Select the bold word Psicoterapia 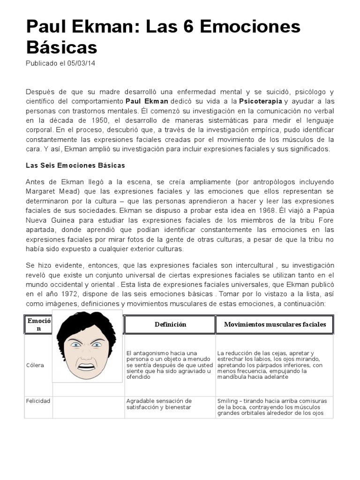[x=261, y=101]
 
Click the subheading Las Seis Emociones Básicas [x=75, y=165]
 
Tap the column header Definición [x=170, y=324]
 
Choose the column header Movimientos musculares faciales [x=275, y=324]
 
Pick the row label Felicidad [x=38, y=401]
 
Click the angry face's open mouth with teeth [x=87, y=365]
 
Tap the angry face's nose [x=87, y=352]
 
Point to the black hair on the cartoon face [x=84, y=323]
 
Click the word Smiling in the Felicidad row [x=227, y=401]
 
